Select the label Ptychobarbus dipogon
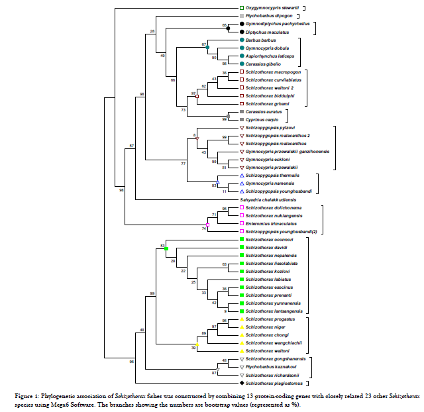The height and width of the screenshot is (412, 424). click(266, 15)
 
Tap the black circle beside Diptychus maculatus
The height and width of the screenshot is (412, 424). click(241, 32)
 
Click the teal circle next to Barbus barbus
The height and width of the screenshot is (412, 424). click(241, 40)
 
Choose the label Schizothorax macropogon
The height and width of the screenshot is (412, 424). click(274, 72)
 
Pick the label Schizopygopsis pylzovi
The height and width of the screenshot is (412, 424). click(270, 127)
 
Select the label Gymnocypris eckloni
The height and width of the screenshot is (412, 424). click(266, 159)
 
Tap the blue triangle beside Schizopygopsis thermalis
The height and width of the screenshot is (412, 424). click(241, 175)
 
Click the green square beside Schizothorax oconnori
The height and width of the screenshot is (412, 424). click(241, 239)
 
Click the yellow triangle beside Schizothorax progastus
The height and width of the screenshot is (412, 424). click(241, 319)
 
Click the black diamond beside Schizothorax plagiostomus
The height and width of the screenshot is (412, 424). click(241, 383)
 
